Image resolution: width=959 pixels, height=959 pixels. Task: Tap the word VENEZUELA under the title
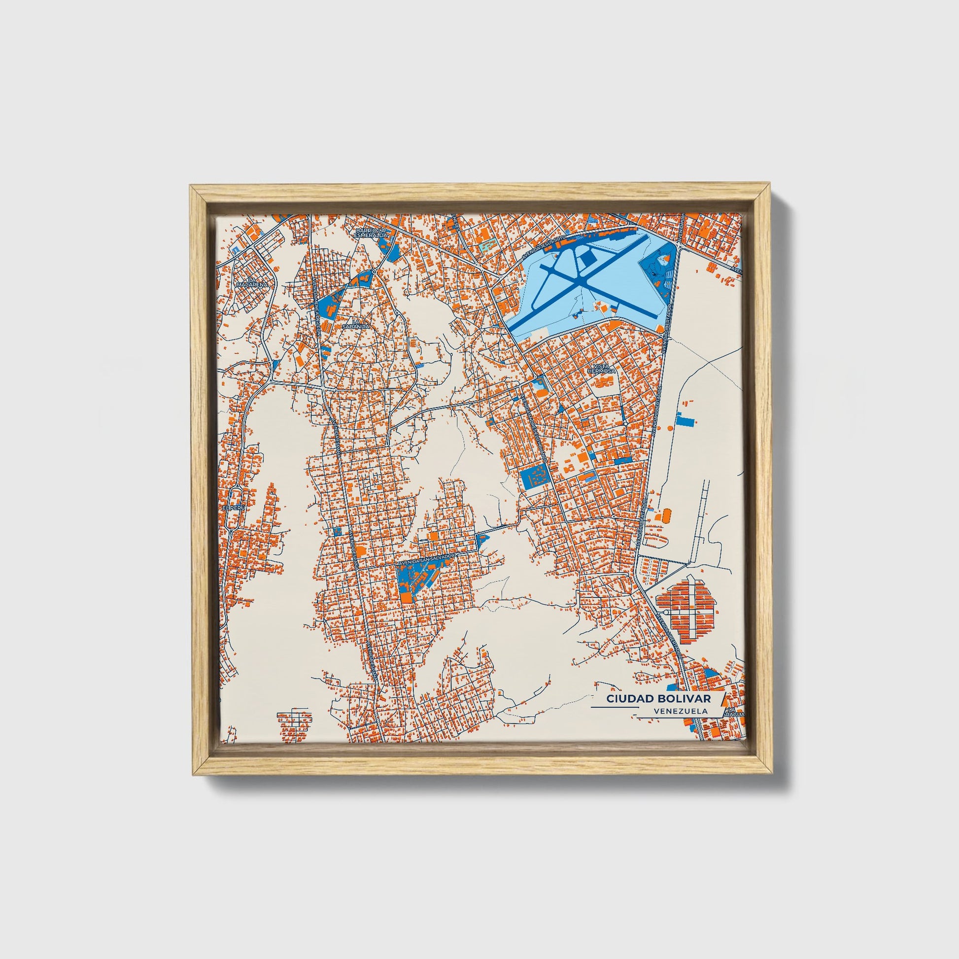pos(681,711)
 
